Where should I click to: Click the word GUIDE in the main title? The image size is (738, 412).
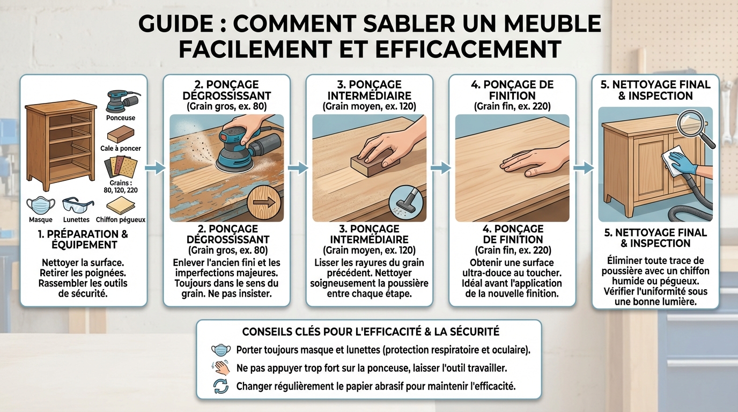click(x=176, y=25)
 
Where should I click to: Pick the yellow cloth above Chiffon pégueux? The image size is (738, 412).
click(x=120, y=206)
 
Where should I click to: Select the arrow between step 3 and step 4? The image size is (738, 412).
click(x=440, y=168)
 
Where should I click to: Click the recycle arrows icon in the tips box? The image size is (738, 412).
click(x=221, y=386)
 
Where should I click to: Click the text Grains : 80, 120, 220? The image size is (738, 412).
click(x=120, y=186)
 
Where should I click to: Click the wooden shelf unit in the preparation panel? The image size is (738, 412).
click(x=61, y=145)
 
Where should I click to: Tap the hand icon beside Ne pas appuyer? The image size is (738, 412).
click(x=221, y=368)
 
